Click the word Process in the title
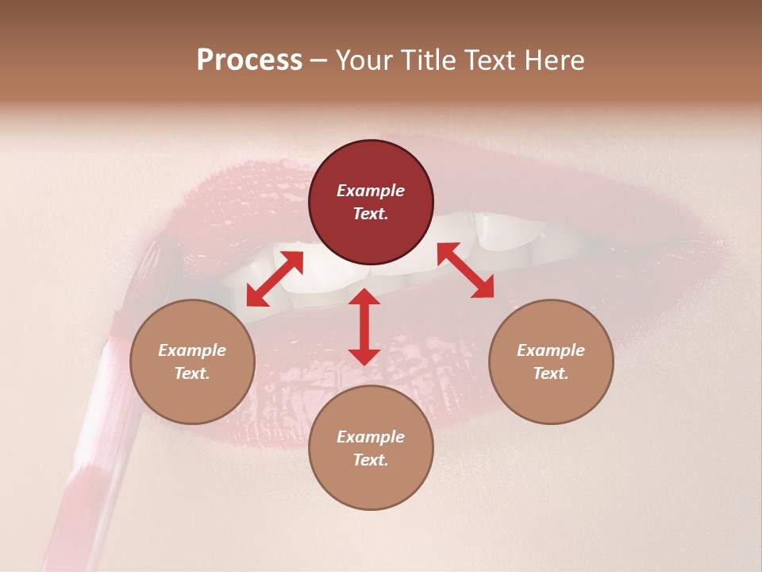[x=249, y=60]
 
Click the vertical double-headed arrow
[x=364, y=327]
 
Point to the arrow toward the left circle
[x=275, y=279]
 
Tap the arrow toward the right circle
[x=465, y=270]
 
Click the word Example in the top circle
[x=371, y=191]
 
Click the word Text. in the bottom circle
[x=371, y=460]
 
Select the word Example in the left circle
[x=192, y=350]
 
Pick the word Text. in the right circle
[x=551, y=373]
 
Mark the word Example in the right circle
[x=551, y=350]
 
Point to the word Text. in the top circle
[x=371, y=214]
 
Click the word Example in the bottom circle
[x=371, y=437]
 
